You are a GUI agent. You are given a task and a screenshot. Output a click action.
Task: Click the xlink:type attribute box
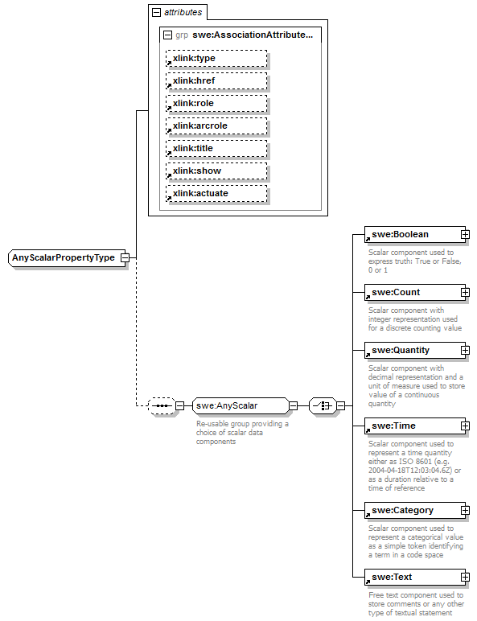point(216,58)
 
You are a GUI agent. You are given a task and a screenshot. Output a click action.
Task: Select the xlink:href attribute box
point(216,80)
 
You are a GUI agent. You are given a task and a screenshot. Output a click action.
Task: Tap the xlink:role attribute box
point(216,103)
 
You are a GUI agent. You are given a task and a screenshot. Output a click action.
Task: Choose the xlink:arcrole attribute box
point(216,125)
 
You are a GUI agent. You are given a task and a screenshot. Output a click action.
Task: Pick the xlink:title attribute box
point(216,148)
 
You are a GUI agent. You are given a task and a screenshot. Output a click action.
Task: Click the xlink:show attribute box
point(216,171)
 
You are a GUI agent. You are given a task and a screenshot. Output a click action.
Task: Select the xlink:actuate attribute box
point(216,193)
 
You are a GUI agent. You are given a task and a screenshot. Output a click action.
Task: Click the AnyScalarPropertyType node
point(64,257)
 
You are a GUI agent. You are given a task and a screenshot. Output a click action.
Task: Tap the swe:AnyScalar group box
point(239,405)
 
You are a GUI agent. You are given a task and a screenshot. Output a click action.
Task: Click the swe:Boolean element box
point(410,234)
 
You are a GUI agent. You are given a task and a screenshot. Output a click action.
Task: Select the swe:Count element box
point(410,292)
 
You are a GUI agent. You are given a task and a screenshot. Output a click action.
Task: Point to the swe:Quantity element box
point(410,350)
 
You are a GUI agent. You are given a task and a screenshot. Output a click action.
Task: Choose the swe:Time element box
point(410,426)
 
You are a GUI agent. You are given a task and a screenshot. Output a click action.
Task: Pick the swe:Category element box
point(410,510)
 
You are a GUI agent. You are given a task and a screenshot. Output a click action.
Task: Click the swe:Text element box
point(410,577)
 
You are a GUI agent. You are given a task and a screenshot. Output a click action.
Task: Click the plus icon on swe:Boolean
point(465,235)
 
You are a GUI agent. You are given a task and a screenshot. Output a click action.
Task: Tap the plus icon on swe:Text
point(465,578)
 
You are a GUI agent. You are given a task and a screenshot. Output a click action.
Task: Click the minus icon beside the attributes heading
point(155,12)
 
